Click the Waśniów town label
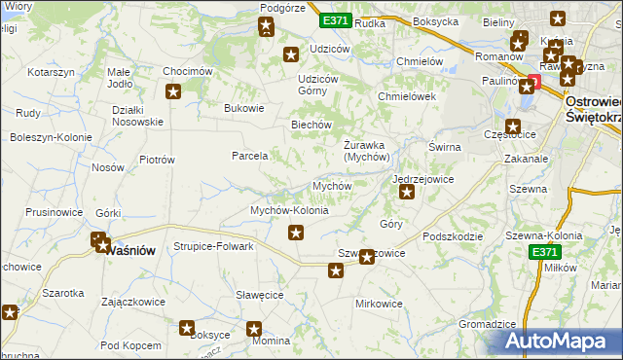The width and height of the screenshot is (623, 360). click(130, 249)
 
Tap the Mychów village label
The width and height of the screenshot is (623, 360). click(331, 185)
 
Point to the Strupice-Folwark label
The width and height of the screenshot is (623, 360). click(213, 247)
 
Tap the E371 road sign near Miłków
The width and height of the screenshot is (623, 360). click(545, 252)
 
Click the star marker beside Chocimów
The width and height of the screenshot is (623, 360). click(174, 92)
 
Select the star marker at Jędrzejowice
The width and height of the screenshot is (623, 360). click(407, 193)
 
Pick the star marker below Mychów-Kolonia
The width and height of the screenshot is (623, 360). click(296, 232)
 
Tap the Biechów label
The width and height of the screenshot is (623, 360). click(312, 126)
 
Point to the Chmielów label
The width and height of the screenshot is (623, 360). click(421, 61)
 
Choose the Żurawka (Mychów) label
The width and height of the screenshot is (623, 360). click(367, 151)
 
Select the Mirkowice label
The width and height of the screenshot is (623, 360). click(379, 304)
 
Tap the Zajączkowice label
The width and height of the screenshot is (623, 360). click(132, 302)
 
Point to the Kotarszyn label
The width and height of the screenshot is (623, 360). click(52, 73)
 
